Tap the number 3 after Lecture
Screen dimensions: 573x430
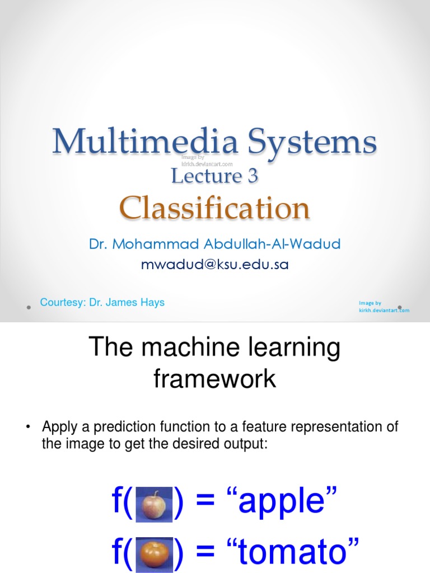[x=252, y=176]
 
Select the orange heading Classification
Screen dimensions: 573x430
[x=214, y=209]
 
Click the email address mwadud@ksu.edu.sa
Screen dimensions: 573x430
[x=215, y=265]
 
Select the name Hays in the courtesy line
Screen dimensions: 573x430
[x=153, y=303]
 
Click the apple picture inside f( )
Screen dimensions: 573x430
[x=152, y=505]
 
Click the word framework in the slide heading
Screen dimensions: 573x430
[x=214, y=379]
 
